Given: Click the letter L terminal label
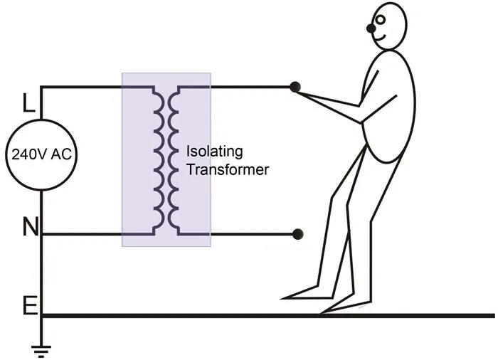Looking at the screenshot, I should (28, 105).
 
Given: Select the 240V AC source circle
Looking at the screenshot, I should (41, 154).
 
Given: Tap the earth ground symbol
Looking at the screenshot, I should (41, 349).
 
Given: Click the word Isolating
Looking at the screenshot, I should (214, 152).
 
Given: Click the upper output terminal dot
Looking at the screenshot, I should (295, 88).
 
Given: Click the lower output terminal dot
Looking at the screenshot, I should (299, 233).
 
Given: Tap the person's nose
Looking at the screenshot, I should (371, 28).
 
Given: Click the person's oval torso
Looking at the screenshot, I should (388, 107).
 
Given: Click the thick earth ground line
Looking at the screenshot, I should (270, 314).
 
